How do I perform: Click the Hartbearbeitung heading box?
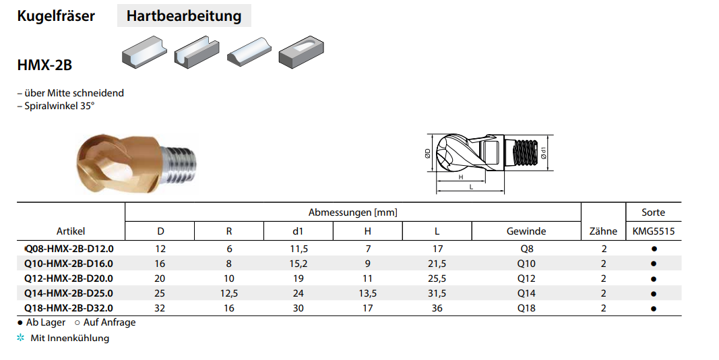click(x=184, y=16)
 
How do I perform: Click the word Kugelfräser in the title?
click(x=56, y=16)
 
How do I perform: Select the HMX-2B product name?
click(x=44, y=65)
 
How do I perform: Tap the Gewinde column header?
click(x=526, y=231)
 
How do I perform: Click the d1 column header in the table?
click(x=298, y=231)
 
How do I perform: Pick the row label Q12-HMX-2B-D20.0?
click(x=69, y=278)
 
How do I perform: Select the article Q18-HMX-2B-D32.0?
click(x=69, y=308)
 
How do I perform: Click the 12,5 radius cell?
click(x=229, y=293)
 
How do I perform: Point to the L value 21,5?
click(x=437, y=264)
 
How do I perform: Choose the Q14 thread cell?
click(x=526, y=293)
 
